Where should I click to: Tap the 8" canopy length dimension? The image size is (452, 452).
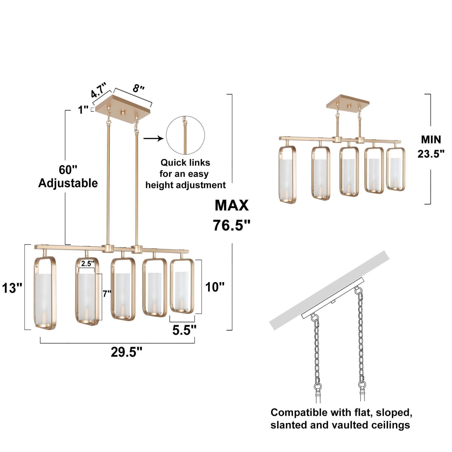click(x=138, y=88)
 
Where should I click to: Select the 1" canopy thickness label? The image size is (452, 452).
click(x=83, y=110)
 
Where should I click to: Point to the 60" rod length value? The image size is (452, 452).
click(x=68, y=170)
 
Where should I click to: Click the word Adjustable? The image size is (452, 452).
click(x=68, y=183)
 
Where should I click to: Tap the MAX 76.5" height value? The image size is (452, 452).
click(x=231, y=215)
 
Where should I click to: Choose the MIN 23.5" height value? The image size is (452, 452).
click(x=431, y=147)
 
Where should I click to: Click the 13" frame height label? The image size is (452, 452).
click(x=12, y=288)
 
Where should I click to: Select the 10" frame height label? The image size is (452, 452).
click(x=215, y=287)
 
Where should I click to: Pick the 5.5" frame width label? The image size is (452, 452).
click(x=184, y=330)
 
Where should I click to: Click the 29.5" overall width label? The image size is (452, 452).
click(x=126, y=352)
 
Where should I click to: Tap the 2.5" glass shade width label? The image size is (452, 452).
click(x=87, y=264)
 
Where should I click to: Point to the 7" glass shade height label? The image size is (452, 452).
click(x=107, y=293)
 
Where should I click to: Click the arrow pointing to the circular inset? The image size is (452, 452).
click(x=153, y=138)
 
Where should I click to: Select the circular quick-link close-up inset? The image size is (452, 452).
click(x=185, y=135)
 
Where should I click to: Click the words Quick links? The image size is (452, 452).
click(x=185, y=163)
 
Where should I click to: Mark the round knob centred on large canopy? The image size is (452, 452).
click(x=123, y=112)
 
